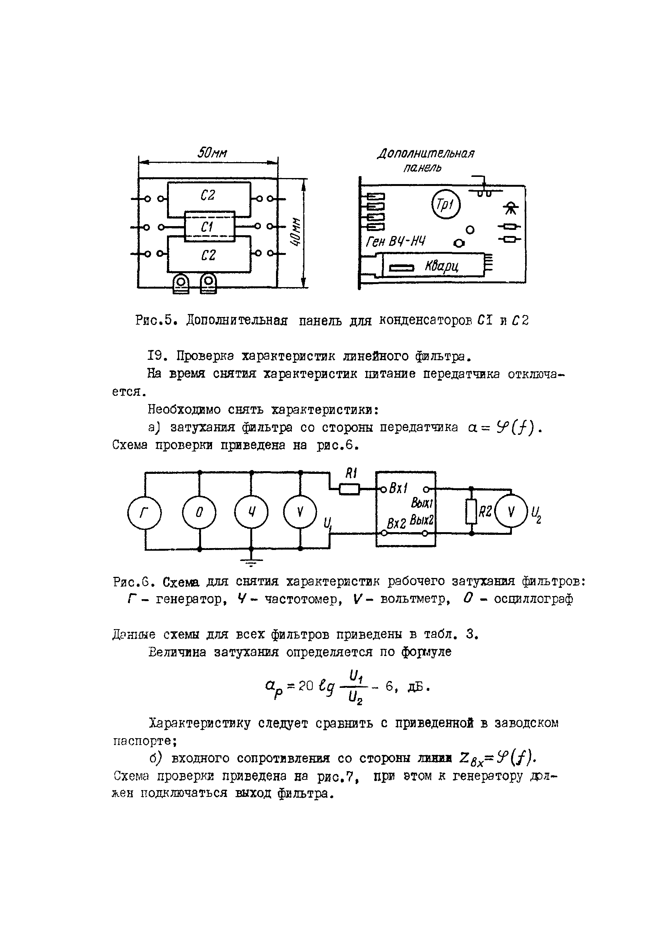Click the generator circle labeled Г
(x=144, y=512)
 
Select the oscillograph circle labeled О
(x=199, y=512)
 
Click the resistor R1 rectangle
(x=349, y=489)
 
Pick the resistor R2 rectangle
(x=471, y=511)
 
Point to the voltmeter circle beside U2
(x=511, y=511)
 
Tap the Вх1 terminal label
(x=398, y=489)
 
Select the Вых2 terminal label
(x=422, y=520)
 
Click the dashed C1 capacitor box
(x=209, y=226)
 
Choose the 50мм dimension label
(x=212, y=153)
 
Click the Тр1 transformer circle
(x=446, y=205)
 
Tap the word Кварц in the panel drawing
(x=441, y=267)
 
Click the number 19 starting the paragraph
(x=157, y=356)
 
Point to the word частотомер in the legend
(x=303, y=599)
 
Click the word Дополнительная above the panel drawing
(x=426, y=153)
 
